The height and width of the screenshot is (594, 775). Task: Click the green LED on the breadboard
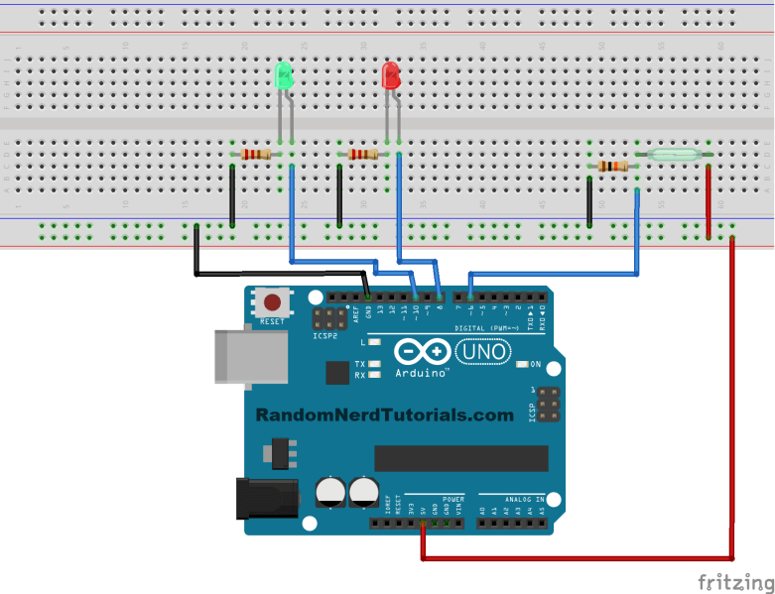coord(285,76)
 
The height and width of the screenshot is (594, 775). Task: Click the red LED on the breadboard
coord(392,76)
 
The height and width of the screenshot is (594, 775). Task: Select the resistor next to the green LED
coord(256,154)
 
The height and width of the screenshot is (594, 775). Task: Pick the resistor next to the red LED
coord(363,154)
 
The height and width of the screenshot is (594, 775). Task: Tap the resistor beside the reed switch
coord(613,166)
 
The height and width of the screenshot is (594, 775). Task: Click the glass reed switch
coord(677,155)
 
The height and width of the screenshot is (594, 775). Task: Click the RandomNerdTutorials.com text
coord(385,416)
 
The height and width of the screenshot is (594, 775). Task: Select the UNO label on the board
coord(483,351)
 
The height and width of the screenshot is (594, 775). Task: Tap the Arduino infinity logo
coord(422,352)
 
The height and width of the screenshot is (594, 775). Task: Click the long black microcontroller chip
coord(460,458)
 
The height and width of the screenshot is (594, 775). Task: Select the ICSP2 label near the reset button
coord(325,336)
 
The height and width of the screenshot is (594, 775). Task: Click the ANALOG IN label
coord(525,500)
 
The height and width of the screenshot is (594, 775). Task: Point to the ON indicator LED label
coord(536,364)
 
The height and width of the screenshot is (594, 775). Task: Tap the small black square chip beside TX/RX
coord(337,372)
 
